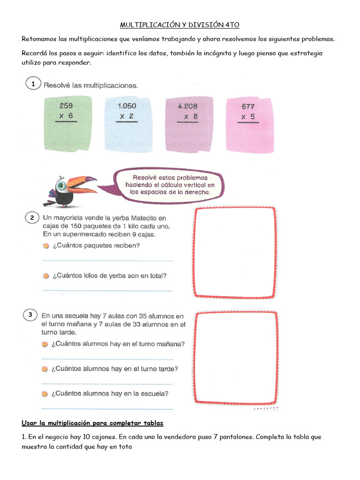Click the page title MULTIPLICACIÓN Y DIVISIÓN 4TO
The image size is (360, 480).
180,24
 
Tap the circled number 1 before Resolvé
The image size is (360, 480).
32,84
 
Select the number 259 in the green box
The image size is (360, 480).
66,106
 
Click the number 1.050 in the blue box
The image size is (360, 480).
127,106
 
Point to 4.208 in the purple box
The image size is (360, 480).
187,106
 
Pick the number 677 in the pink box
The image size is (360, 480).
248,106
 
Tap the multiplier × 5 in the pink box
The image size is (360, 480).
248,117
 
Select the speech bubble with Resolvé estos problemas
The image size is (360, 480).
169,185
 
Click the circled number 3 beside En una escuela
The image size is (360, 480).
30,315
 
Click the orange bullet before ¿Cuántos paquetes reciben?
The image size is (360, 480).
46,246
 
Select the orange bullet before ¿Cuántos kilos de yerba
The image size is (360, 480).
46,276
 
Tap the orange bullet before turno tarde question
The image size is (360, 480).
45,369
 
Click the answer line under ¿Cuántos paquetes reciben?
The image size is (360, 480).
107,260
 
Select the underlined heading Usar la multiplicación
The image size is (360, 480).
92,423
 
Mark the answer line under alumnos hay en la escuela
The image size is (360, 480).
107,408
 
